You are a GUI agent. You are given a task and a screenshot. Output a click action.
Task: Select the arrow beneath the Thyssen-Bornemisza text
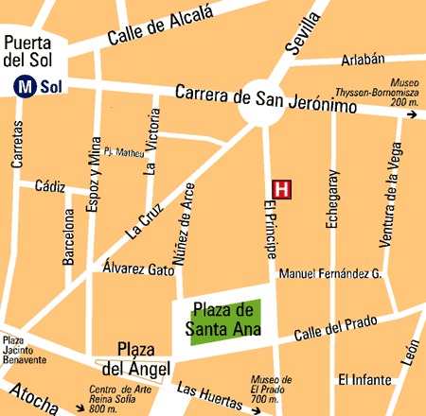[411, 115]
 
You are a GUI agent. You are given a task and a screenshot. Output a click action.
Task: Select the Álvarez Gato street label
[139, 269]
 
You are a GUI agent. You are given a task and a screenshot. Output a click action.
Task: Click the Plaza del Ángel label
[141, 358]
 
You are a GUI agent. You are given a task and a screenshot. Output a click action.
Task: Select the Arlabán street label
[361, 59]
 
